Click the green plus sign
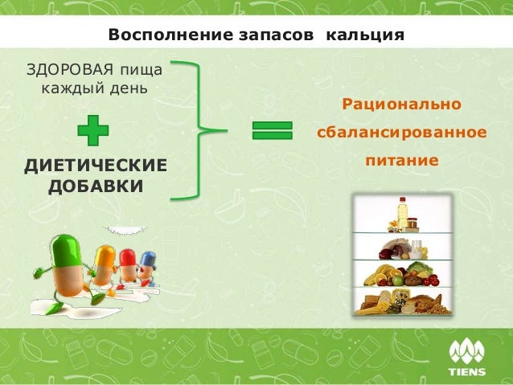coord(93,129)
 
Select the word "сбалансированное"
coord(401,131)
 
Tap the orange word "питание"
coord(402,160)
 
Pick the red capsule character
coord(127,264)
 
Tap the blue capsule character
coord(146,266)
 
